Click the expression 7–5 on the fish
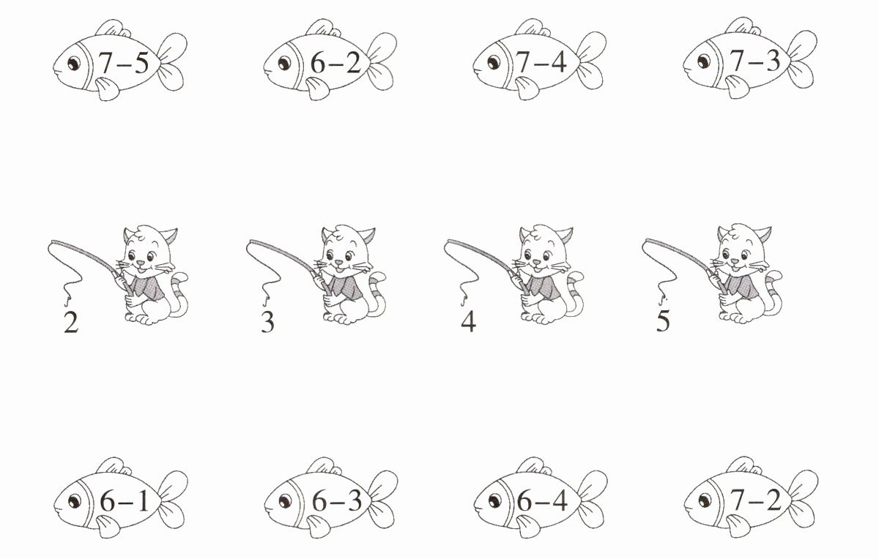pyautogui.click(x=124, y=63)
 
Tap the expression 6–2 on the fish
pyautogui.click(x=335, y=62)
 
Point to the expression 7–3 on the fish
pyautogui.click(x=755, y=61)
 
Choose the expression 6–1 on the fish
pyautogui.click(x=125, y=500)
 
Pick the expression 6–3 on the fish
pyautogui.click(x=337, y=500)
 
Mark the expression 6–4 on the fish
pyautogui.click(x=542, y=500)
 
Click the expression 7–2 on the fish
pyautogui.click(x=756, y=500)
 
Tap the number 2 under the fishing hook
pyautogui.click(x=71, y=322)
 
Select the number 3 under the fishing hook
pyautogui.click(x=267, y=322)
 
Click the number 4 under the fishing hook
pyautogui.click(x=468, y=321)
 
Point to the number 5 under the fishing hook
pyautogui.click(x=663, y=320)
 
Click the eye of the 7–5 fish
pyautogui.click(x=74, y=63)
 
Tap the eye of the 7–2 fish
pyautogui.click(x=705, y=500)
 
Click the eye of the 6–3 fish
pyautogui.click(x=285, y=501)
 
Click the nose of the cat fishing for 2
pyautogui.click(x=139, y=262)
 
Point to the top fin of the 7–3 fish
pyautogui.click(x=743, y=26)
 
